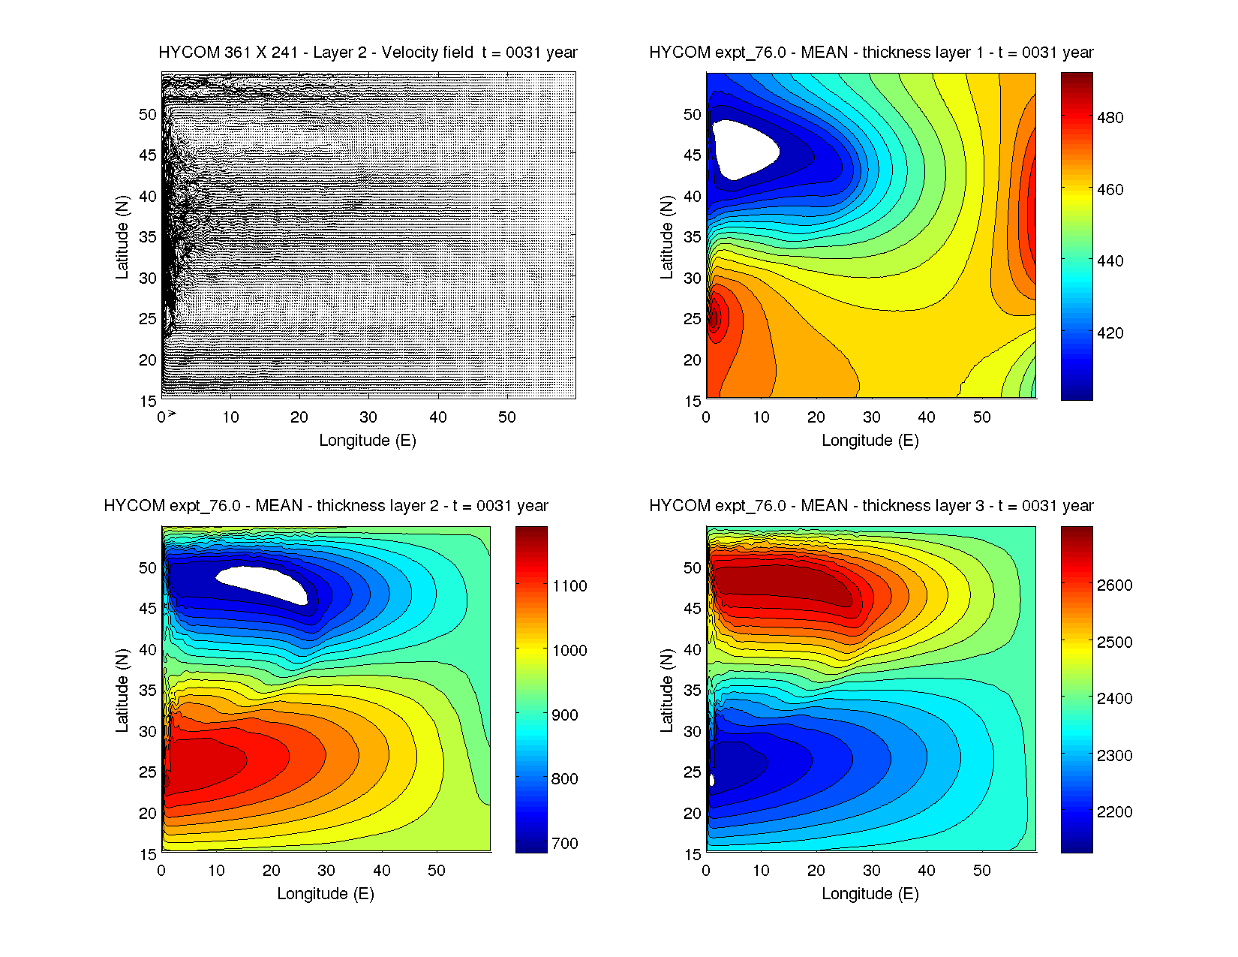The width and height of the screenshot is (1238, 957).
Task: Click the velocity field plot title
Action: coord(368,53)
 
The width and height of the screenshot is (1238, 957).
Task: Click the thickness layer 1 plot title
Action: coord(871,53)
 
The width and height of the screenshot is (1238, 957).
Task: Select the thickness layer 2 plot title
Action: coord(326,506)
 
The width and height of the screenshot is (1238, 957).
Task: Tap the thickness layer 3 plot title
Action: coord(871,506)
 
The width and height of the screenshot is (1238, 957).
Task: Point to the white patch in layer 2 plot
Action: coord(263,582)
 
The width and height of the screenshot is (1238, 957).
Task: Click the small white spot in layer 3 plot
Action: coord(711,780)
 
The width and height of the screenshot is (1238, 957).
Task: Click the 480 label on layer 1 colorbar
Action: coord(1110,118)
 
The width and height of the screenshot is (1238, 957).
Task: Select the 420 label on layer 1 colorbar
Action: coord(1110,333)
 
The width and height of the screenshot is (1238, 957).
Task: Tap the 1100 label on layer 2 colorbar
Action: coord(569,586)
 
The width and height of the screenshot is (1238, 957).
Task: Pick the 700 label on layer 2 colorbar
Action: coord(564,844)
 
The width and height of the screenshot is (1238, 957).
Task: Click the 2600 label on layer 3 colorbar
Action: coord(1114,585)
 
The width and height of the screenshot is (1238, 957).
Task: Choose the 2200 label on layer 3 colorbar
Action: coord(1114,812)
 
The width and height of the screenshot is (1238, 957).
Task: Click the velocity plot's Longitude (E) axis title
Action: coord(368,441)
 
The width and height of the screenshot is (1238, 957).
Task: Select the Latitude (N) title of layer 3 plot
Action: coord(666,690)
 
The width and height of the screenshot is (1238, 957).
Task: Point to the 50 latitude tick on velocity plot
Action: coord(147,115)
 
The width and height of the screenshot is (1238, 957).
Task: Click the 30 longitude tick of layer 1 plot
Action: coord(871,417)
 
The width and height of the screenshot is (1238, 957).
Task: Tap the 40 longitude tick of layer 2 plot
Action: coord(381,871)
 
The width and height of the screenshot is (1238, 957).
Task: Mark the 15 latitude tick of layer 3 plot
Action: coord(692,854)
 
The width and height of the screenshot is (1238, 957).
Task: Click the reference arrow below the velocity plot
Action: coord(172,413)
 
